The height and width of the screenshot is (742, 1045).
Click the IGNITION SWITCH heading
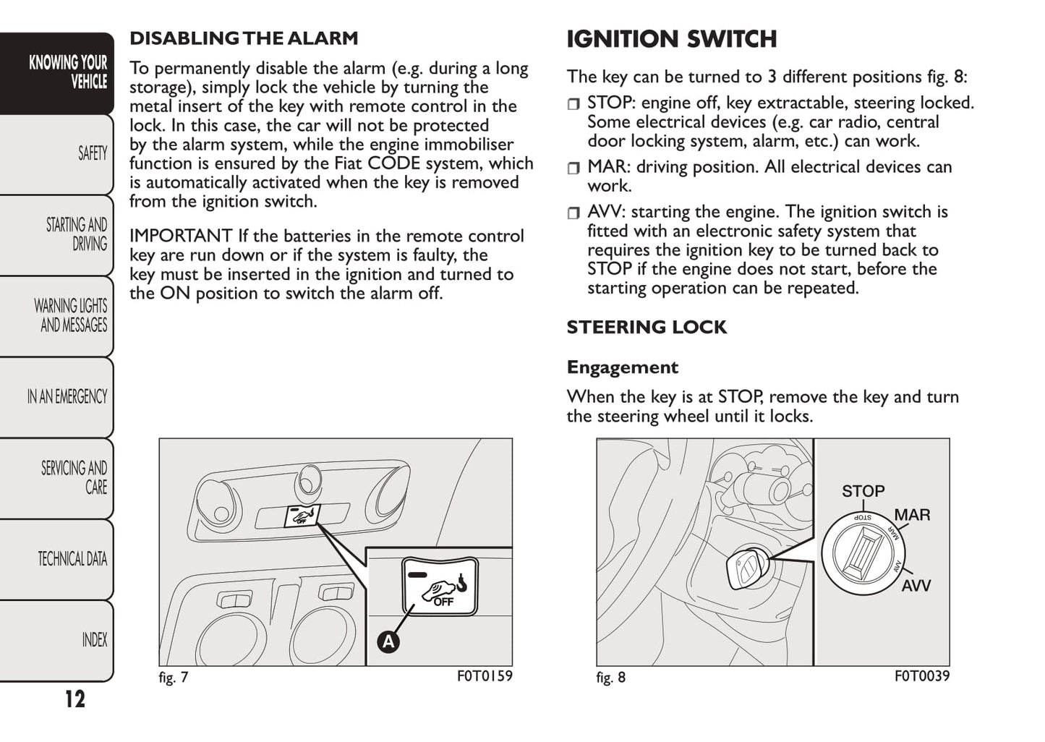pos(671,39)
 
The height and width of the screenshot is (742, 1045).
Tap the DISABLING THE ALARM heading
pos(244,38)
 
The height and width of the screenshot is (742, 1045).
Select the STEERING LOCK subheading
pos(647,327)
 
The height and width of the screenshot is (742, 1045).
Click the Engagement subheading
pos(622,367)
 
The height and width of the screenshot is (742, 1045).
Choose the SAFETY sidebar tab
pos(92,153)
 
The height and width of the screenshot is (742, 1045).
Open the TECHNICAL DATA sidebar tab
pos(72,558)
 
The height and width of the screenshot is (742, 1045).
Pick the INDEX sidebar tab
pos(94,639)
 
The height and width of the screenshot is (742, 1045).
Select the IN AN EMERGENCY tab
pos(67,396)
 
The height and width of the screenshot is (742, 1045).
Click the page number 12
pos(74,699)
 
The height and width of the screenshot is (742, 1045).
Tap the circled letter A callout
pos(388,641)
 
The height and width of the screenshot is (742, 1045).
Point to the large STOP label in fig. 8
pos(863,491)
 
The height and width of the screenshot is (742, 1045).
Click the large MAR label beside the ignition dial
pos(912,515)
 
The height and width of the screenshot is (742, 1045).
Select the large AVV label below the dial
pos(916,585)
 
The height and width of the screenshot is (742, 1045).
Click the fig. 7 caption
pos(174,678)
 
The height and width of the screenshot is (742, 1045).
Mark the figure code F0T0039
pos(921,676)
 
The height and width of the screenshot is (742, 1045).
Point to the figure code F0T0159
pos(484,676)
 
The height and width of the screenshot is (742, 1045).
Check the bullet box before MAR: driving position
pos(573,169)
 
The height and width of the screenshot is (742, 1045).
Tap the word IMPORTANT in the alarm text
pos(181,236)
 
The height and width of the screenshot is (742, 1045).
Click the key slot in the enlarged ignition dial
pos(866,553)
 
